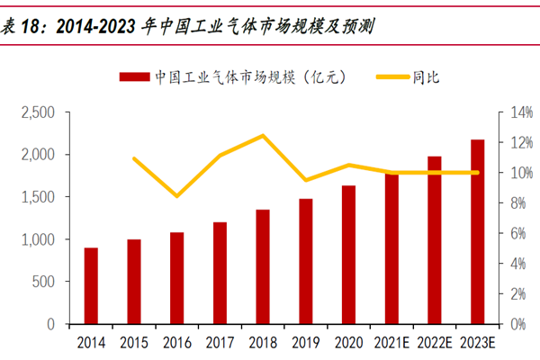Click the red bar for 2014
[91, 285]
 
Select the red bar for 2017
[220, 273]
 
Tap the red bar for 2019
[305, 261]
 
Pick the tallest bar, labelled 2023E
[477, 231]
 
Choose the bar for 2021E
[391, 248]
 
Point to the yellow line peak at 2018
[263, 136]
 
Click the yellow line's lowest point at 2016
[177, 195]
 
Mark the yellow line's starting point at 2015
[134, 158]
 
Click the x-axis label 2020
[348, 343]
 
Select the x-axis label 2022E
[434, 343]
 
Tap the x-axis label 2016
[177, 343]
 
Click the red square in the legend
[133, 77]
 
